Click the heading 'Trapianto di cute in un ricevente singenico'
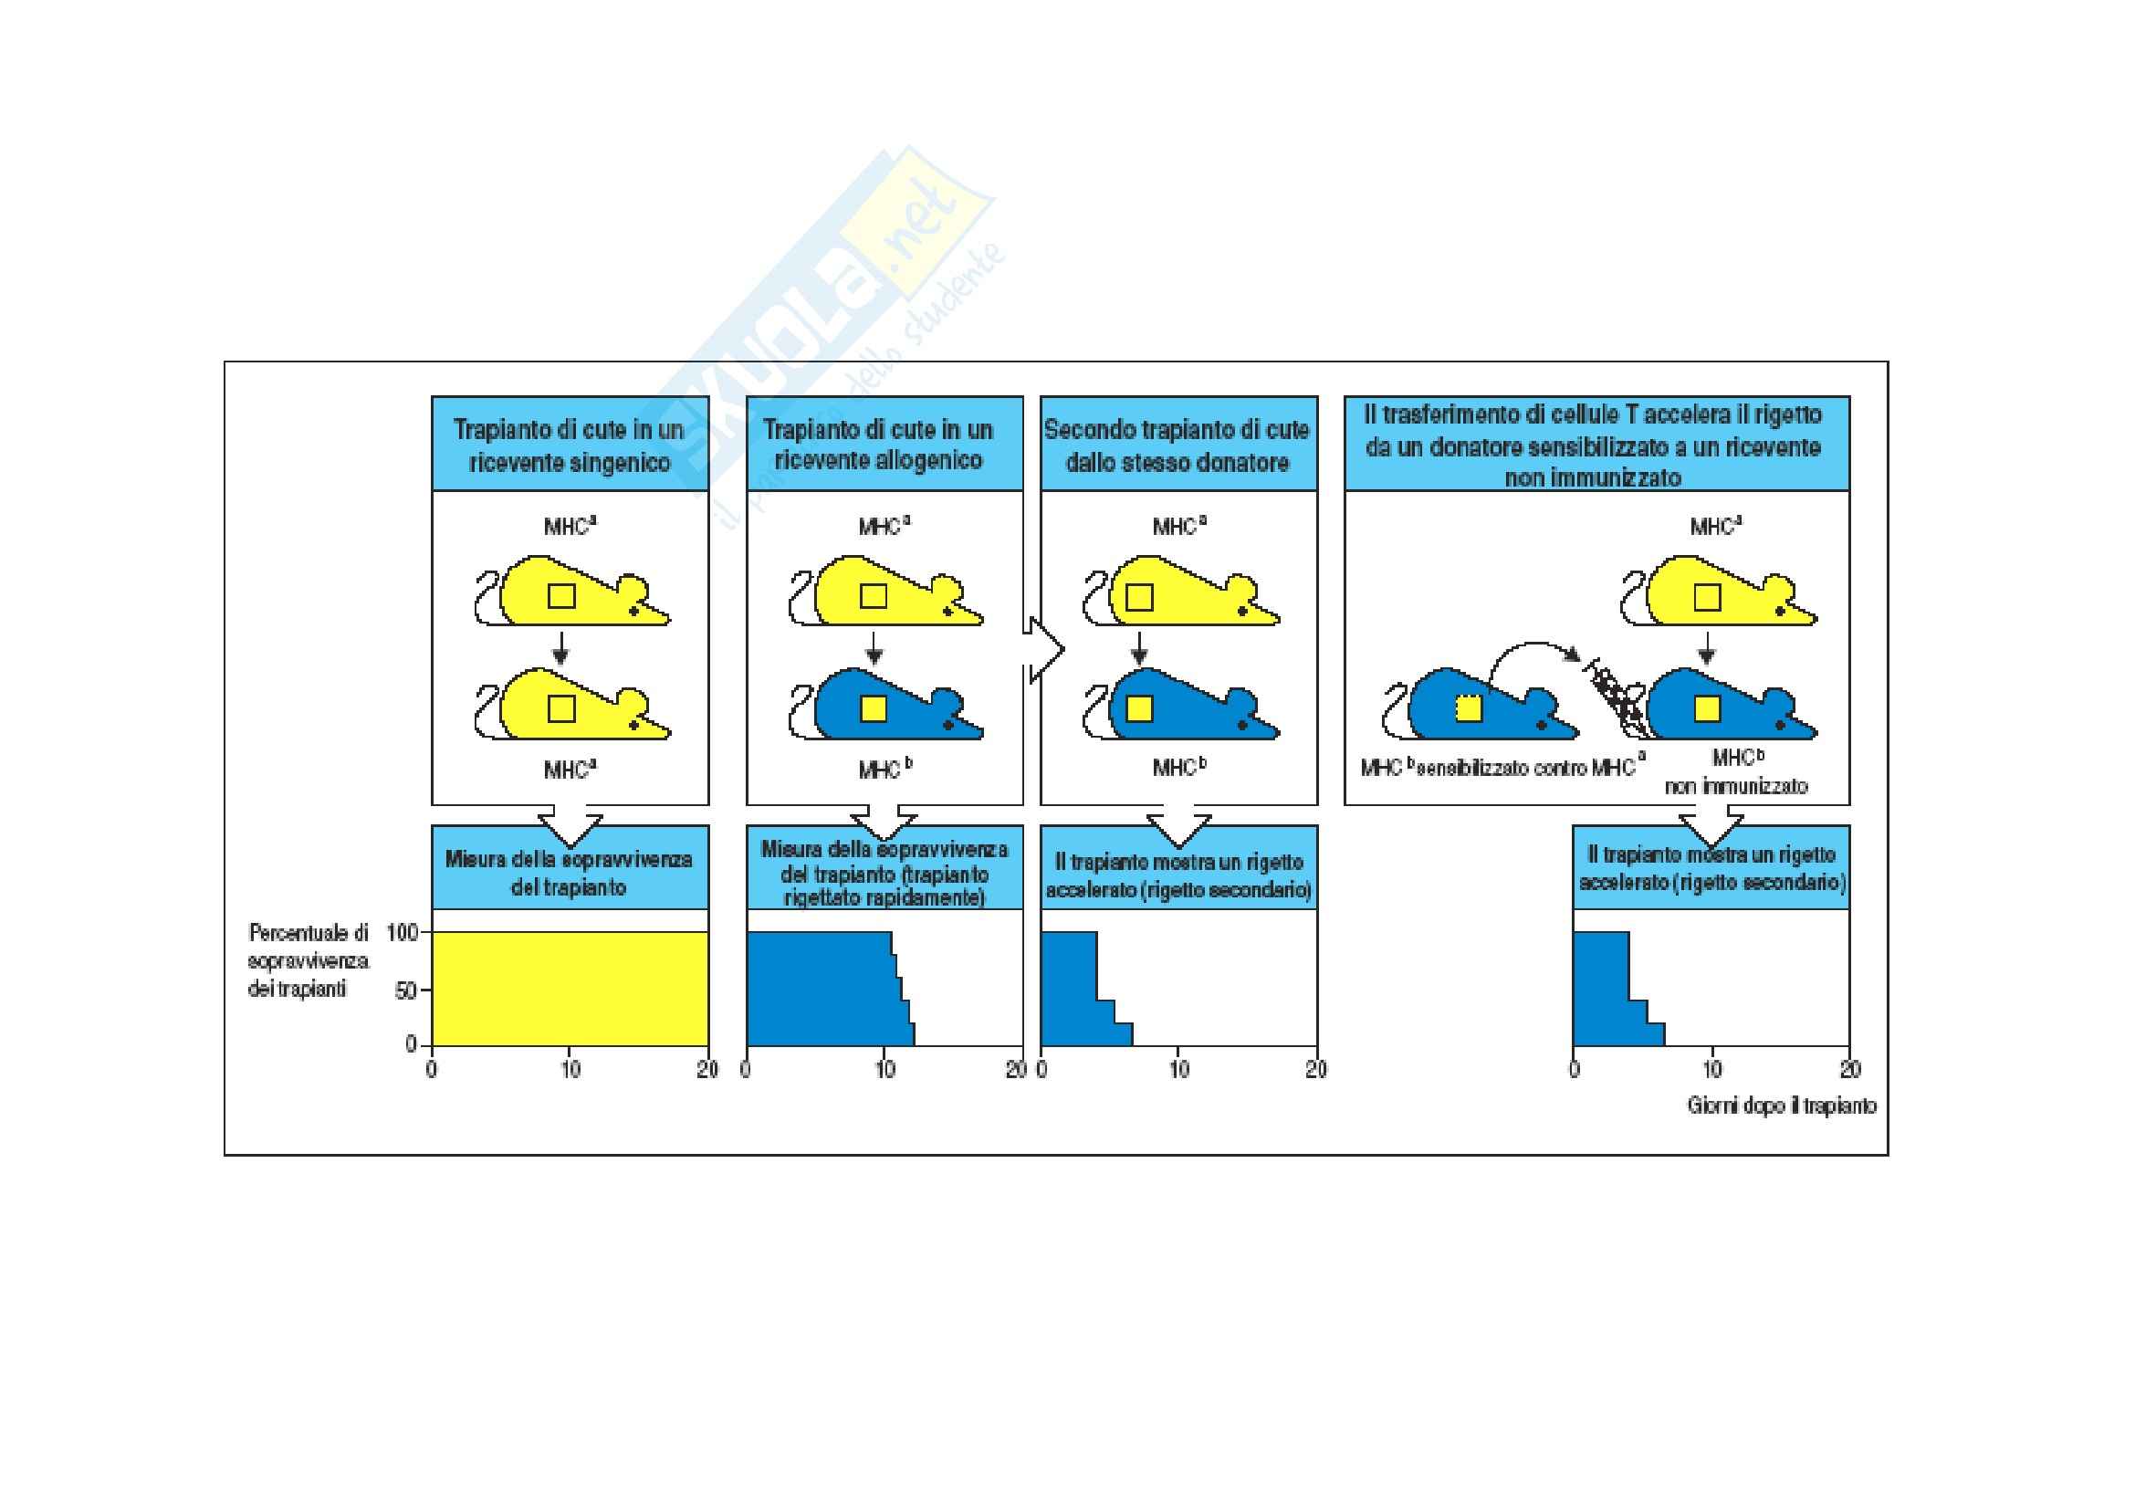pos(569,445)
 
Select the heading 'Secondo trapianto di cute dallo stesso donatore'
pos(1177,445)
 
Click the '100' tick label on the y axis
pos(402,932)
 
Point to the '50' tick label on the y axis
pos(406,990)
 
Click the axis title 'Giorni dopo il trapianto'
pos(1781,1106)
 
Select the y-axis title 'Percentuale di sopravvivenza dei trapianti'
pos(308,960)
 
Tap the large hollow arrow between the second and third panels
pos(1045,650)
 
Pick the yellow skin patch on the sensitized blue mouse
pos(1468,709)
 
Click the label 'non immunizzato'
pos(1735,787)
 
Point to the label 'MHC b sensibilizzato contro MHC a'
pos(1502,768)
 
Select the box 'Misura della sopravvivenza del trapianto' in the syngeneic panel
pos(569,872)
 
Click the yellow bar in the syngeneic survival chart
pos(569,989)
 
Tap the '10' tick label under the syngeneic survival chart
pos(570,1069)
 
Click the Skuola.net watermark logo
pos(837,316)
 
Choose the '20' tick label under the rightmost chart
pos(1849,1069)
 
